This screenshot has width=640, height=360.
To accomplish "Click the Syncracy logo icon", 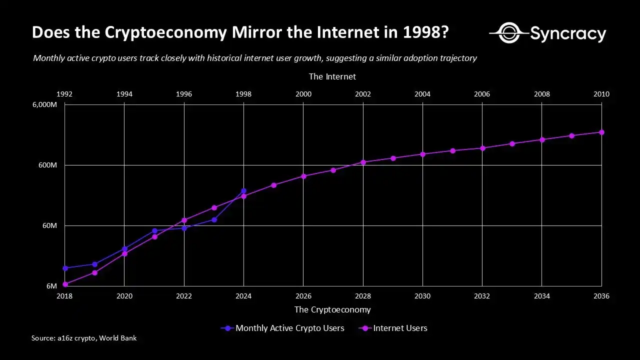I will [x=508, y=33].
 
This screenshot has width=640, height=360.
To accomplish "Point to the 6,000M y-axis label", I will [x=44, y=104].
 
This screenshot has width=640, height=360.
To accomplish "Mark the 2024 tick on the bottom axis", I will [x=243, y=296].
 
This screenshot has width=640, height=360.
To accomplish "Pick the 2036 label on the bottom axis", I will [x=601, y=296].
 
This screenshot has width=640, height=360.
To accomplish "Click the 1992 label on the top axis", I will [x=64, y=94].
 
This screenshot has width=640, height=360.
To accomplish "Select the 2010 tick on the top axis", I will [x=601, y=94].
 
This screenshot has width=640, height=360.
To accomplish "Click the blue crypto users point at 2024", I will [x=243, y=191].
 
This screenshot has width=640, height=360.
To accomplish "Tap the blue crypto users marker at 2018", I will [x=65, y=268].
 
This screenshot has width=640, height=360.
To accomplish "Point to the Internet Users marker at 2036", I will [x=601, y=132].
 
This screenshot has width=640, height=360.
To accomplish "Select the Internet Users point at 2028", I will [x=363, y=162].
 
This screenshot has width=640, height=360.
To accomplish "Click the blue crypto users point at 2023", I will [x=214, y=219].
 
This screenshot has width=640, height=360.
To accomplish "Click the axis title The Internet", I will [x=332, y=76].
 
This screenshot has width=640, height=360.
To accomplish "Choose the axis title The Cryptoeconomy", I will [x=332, y=309].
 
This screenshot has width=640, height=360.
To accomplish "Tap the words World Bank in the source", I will [x=117, y=338].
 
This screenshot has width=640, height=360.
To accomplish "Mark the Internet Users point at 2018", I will [x=65, y=284].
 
